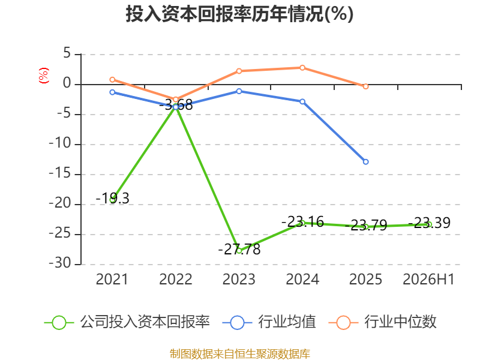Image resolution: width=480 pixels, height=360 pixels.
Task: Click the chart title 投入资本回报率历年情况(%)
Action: tap(239, 14)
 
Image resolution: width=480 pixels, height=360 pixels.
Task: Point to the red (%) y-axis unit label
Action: tap(44, 76)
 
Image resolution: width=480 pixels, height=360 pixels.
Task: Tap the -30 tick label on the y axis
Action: tap(60, 263)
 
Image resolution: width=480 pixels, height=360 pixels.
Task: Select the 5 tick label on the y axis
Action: tap(67, 53)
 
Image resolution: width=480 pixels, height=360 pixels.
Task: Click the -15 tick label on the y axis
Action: tap(60, 173)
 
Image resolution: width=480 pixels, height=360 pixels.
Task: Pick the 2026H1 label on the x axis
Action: tap(428, 279)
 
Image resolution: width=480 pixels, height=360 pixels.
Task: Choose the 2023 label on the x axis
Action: tap(239, 279)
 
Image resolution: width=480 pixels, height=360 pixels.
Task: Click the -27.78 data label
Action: tap(239, 249)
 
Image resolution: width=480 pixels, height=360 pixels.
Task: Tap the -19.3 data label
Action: tap(113, 199)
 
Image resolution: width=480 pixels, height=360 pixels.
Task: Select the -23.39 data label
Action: tap(429, 223)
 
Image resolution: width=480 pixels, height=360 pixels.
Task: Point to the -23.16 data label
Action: tap(302, 221)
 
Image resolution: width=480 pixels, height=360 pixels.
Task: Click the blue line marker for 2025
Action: tap(365, 161)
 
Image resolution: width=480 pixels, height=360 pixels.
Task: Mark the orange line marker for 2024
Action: tap(302, 68)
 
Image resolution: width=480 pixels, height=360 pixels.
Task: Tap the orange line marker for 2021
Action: tap(112, 80)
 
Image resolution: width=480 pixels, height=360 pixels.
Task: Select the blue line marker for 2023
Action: tap(239, 91)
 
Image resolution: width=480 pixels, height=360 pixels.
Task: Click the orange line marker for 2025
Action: tap(365, 86)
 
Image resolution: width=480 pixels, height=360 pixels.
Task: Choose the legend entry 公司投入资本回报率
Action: tap(127, 322)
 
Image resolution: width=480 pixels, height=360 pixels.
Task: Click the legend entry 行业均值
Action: tap(269, 322)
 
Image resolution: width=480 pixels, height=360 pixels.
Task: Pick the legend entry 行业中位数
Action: tap(383, 322)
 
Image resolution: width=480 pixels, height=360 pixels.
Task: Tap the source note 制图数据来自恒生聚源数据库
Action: tap(240, 354)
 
